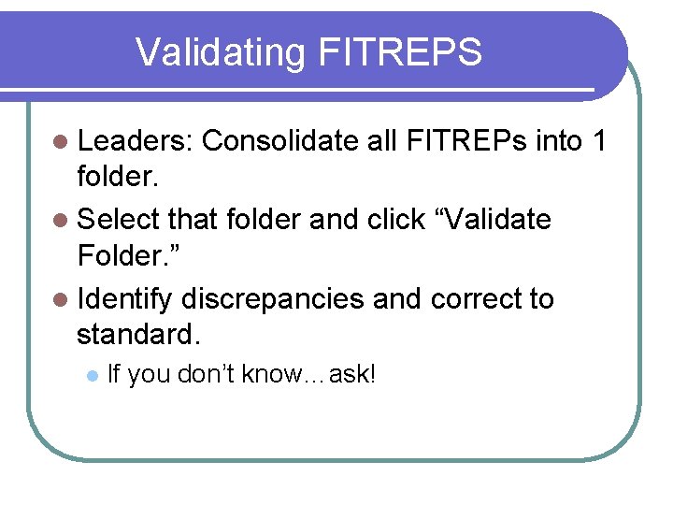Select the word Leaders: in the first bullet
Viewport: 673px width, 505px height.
(135, 140)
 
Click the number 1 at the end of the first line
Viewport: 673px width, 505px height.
(599, 140)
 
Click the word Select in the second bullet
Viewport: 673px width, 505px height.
(122, 220)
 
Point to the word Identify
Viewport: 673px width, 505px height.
(125, 300)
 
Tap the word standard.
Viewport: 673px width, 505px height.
(136, 334)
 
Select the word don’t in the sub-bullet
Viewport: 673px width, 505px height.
(203, 375)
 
